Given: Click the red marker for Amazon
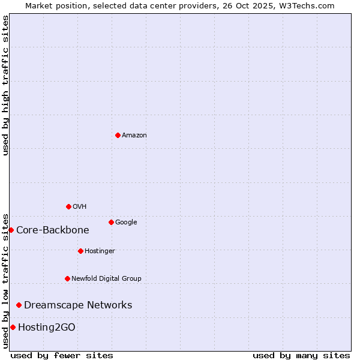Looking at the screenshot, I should coord(118,135).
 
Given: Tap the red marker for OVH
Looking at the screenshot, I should coord(68,206).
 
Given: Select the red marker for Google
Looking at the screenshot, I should coord(111,222).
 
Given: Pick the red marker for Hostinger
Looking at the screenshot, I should coord(80,251).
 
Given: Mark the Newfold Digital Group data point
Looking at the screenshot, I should coord(67,278).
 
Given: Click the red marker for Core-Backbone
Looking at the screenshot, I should coord(11,230).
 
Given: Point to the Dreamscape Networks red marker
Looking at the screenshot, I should coord(19,305).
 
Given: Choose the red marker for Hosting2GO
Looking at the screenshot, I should coord(13,327).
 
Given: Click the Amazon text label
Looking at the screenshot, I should coord(134,136).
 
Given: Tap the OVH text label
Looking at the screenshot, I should coord(80,207).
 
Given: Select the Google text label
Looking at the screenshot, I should coord(126,223).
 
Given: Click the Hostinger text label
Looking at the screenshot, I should coord(100,251).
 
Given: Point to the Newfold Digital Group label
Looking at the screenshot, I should coord(106,279).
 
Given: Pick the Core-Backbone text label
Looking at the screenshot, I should coord(53,230).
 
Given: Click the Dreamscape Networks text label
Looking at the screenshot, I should coord(78,305).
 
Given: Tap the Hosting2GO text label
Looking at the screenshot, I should coord(47,328).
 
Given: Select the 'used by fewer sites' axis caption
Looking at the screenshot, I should coord(62,355).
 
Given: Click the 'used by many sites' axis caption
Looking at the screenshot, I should coord(301,355).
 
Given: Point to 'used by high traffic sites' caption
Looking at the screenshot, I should coord(5,85).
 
